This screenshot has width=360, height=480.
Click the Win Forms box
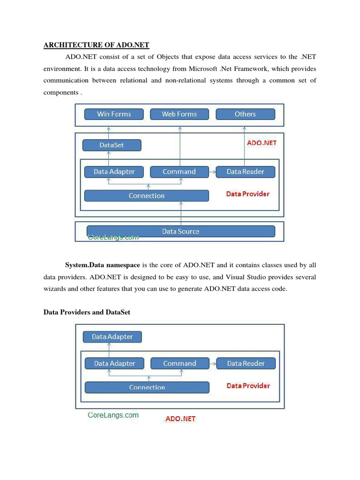tap(114, 114)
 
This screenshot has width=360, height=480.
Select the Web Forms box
tap(179, 114)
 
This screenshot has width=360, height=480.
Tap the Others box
tap(245, 114)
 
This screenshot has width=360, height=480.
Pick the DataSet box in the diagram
tap(112, 145)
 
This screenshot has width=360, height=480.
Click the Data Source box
tap(180, 231)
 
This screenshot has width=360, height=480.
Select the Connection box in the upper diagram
tap(146, 195)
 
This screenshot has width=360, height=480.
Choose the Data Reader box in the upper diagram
tap(245, 172)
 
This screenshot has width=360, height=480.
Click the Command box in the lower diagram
tap(180, 363)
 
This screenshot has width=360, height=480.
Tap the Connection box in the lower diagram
tap(147, 387)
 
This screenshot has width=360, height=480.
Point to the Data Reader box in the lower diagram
tap(246, 363)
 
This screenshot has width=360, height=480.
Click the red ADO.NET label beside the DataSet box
tap(262, 143)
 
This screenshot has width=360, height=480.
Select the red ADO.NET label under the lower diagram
tap(180, 419)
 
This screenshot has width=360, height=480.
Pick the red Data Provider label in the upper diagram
tap(248, 194)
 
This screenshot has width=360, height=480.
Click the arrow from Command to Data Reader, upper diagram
tap(212, 172)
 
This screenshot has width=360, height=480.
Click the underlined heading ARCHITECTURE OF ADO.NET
tap(96, 45)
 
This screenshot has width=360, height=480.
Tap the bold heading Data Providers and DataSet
tap(87, 312)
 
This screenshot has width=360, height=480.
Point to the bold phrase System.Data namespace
tap(102, 265)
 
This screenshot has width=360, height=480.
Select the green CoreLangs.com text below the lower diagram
tap(113, 415)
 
